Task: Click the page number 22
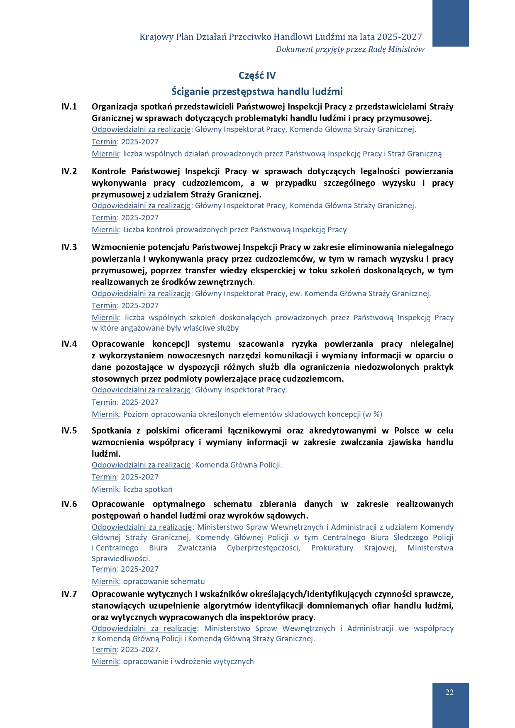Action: point(449,692)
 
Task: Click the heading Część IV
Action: point(257,75)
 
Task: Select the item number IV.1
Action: point(69,107)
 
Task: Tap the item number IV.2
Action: point(69,171)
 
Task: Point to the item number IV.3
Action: point(69,247)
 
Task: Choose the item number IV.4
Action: point(69,344)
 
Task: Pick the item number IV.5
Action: point(69,431)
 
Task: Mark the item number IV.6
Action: point(69,504)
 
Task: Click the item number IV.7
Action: point(69,594)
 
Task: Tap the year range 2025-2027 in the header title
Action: point(402,37)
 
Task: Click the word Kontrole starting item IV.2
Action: point(109,171)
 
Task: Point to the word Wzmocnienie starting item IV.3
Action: point(118,247)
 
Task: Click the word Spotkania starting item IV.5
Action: point(111,431)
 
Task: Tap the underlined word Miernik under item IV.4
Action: point(105,414)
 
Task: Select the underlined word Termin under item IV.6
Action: point(104,569)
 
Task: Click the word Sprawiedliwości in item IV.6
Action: point(120,558)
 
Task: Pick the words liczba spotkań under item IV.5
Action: point(148,489)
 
